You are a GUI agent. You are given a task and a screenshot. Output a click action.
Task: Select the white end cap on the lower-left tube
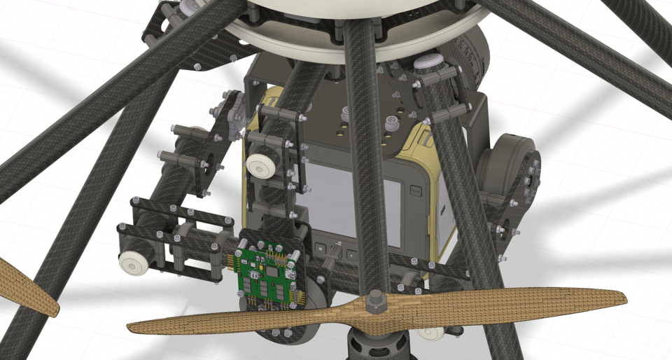(x=133, y=263)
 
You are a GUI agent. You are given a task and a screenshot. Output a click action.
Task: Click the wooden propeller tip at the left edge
(x=28, y=287)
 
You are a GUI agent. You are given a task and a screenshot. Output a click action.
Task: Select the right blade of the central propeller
(x=504, y=303)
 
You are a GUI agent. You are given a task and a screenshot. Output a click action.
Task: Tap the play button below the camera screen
(x=321, y=247)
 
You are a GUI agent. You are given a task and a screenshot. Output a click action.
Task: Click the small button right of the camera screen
(x=416, y=190)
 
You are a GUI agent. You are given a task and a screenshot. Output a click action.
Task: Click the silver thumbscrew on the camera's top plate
(x=345, y=113)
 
